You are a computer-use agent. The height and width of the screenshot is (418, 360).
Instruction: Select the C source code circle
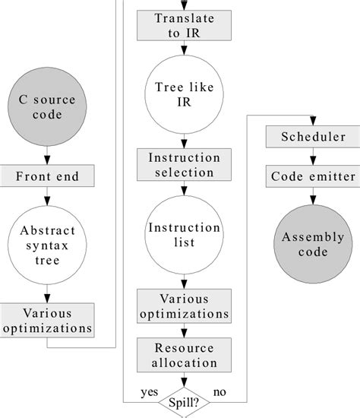[x=47, y=108]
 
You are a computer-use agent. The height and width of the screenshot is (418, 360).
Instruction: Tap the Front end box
[x=47, y=177]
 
